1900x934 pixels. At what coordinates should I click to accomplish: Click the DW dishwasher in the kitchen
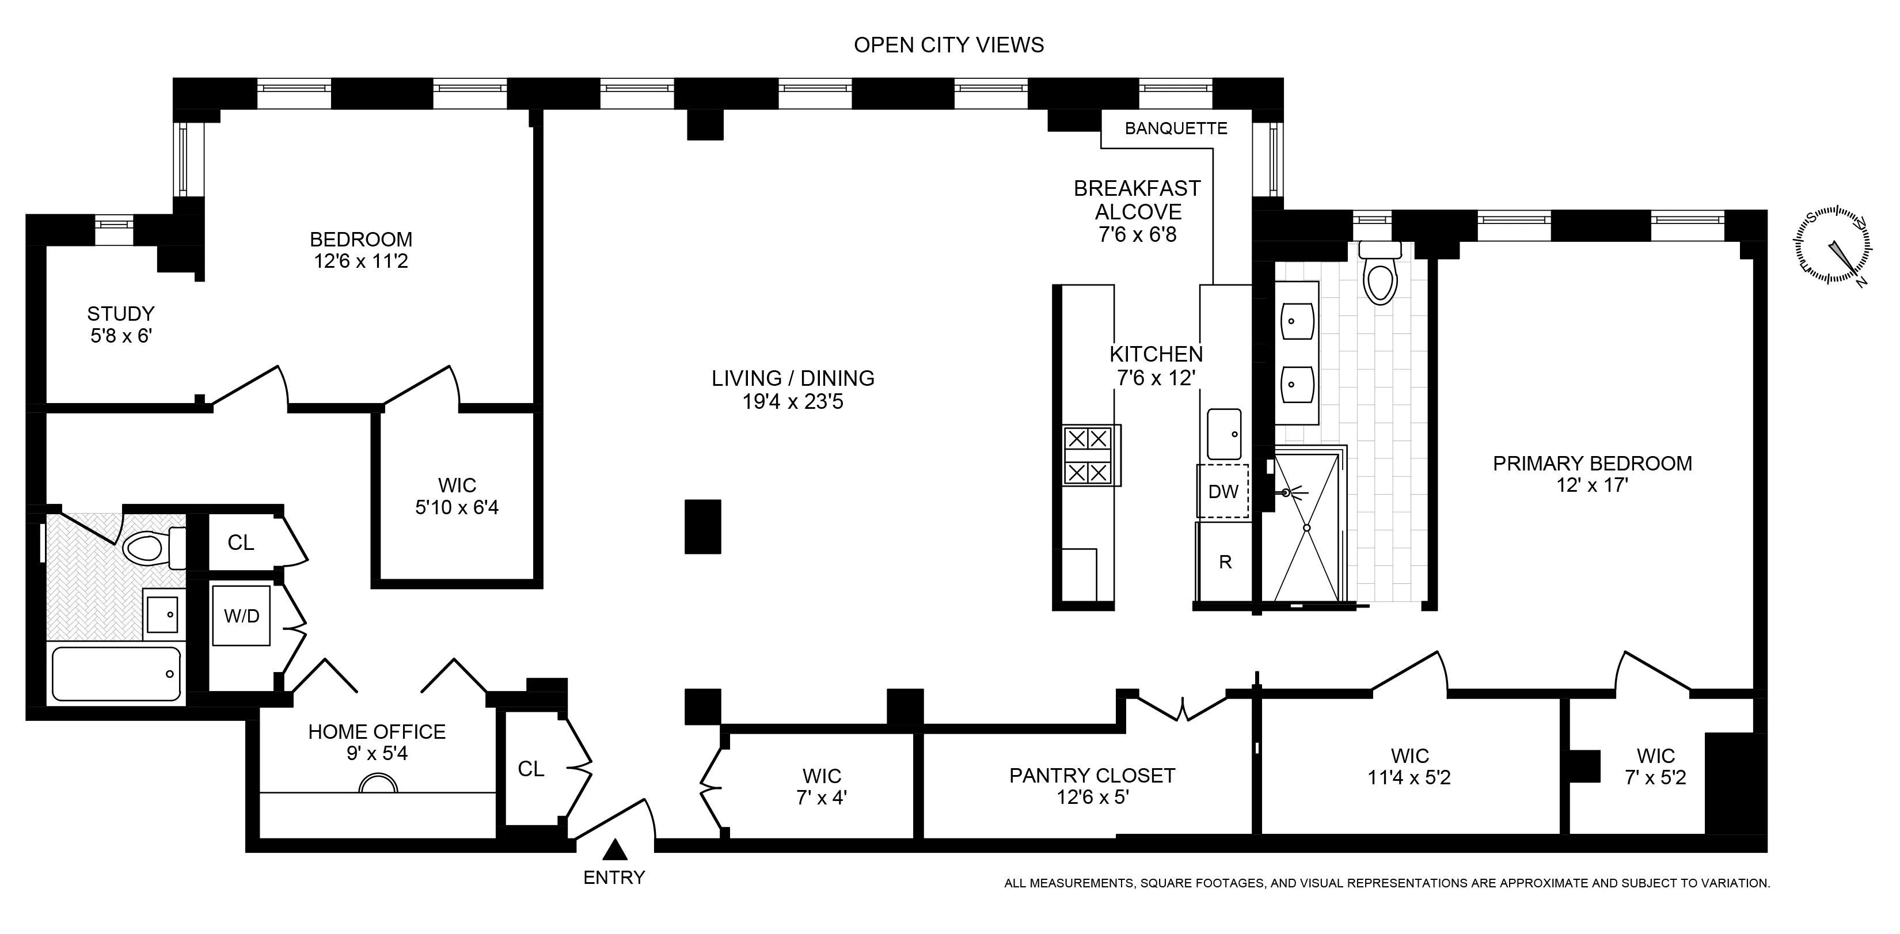click(x=1223, y=491)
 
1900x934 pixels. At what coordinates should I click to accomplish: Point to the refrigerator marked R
click(x=1225, y=562)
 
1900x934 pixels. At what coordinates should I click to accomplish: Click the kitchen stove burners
click(x=1089, y=455)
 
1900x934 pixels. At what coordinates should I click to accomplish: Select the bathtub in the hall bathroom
click(x=116, y=674)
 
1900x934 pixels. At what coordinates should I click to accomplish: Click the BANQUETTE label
click(x=1176, y=128)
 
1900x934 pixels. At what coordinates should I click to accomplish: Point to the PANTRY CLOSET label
click(x=1092, y=776)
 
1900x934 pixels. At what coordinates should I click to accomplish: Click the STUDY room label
click(x=121, y=314)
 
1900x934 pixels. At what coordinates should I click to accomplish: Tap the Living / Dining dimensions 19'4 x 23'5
click(x=792, y=402)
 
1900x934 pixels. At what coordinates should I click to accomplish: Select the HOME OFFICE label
click(x=377, y=732)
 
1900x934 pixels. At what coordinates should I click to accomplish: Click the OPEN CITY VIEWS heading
click(x=948, y=45)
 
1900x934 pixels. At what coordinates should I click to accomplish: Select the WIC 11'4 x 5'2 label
click(x=1409, y=766)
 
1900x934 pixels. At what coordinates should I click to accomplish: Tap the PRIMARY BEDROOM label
click(x=1593, y=464)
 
